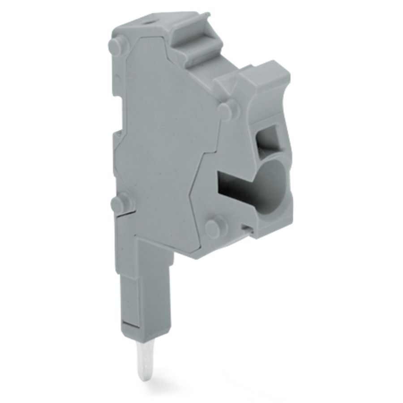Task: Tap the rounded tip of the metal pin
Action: pos(143,377)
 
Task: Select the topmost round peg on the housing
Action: pos(115,45)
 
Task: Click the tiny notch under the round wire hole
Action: pos(245,228)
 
